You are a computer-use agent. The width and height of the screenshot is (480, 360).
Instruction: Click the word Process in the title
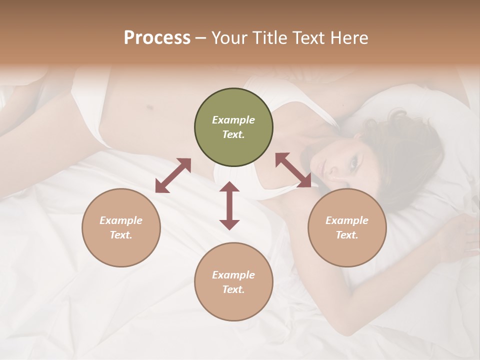pyautogui.click(x=157, y=38)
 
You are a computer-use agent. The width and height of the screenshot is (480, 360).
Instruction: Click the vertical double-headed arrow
pyautogui.click(x=229, y=206)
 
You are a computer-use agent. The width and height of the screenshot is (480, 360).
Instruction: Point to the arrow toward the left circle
pyautogui.click(x=173, y=175)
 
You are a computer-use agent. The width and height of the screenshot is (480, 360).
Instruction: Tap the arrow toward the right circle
pyautogui.click(x=293, y=170)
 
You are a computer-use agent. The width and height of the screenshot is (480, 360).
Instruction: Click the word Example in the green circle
pyautogui.click(x=233, y=120)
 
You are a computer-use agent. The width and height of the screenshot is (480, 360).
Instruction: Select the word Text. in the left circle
pyautogui.click(x=121, y=235)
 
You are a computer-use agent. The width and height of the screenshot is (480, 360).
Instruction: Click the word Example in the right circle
pyautogui.click(x=347, y=220)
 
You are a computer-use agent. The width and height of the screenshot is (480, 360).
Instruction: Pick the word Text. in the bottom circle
pyautogui.click(x=233, y=289)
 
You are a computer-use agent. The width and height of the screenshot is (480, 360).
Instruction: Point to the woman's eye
pyautogui.click(x=354, y=163)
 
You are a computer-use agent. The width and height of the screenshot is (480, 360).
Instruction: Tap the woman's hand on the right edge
pyautogui.click(x=462, y=235)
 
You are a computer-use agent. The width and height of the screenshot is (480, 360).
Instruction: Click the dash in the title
pyautogui.click(x=201, y=38)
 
